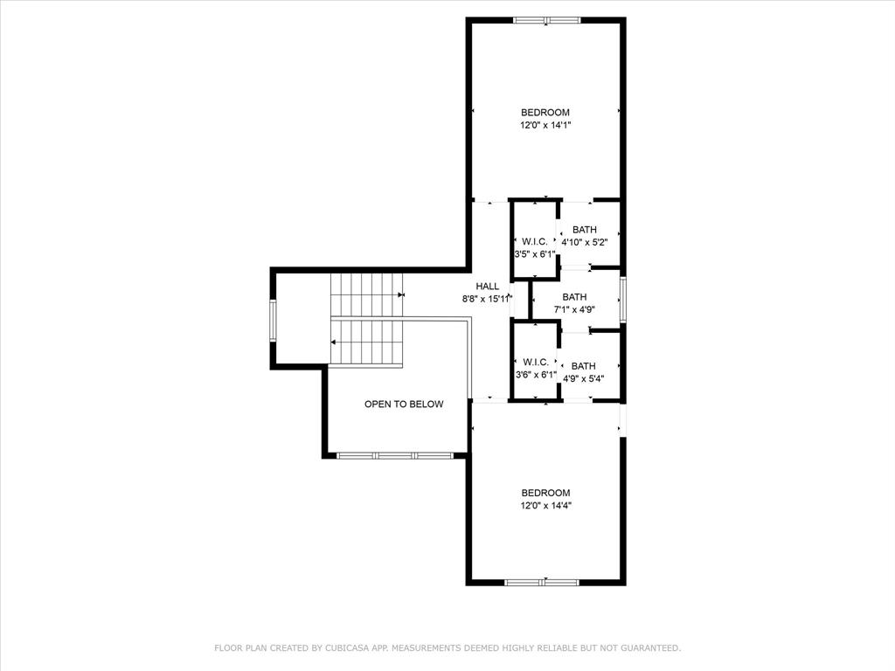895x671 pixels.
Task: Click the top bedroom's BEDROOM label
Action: pos(545,112)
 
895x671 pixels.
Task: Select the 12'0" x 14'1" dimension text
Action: pos(545,125)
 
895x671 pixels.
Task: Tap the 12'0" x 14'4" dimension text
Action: pos(545,505)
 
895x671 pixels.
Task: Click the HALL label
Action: pos(488,286)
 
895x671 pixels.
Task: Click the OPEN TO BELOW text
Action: pos(404,404)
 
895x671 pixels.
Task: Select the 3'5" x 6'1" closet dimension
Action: pos(535,254)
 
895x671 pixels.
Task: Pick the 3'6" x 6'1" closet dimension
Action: pos(535,374)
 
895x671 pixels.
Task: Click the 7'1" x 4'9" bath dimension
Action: pos(574,309)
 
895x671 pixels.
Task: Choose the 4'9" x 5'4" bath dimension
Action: pos(584,378)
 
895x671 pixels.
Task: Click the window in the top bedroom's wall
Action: pos(546,20)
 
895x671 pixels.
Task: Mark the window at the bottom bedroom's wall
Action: pos(542,581)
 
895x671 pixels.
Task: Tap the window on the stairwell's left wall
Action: pos(274,320)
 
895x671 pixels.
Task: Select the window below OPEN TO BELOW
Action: pos(395,455)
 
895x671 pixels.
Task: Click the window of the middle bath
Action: pos(623,299)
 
